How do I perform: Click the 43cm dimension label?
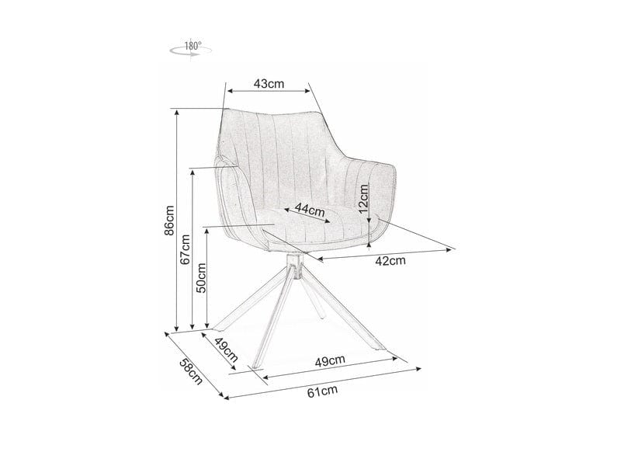click(269, 84)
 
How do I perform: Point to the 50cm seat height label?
click(200, 276)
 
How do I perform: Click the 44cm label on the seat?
click(309, 210)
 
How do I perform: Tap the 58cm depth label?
click(191, 371)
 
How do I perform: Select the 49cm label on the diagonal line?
click(225, 353)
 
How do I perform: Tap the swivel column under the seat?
click(292, 265)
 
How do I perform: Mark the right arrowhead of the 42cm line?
click(452, 249)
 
